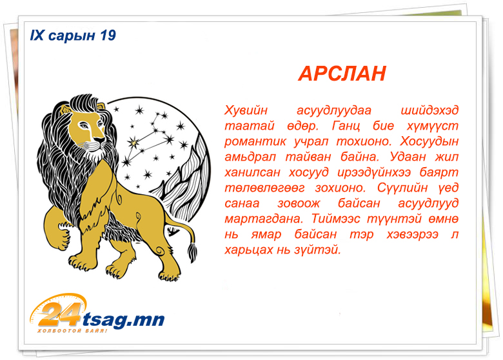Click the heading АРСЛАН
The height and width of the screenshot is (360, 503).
click(342, 74)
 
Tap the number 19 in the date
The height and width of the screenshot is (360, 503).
click(108, 35)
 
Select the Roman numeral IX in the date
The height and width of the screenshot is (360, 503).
click(37, 35)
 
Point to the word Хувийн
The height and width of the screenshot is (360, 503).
click(246, 110)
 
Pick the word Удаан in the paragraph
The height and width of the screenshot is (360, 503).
click(408, 157)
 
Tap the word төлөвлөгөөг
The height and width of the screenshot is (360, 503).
click(264, 188)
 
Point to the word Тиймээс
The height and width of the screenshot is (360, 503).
click(337, 219)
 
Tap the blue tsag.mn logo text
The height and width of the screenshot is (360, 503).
click(124, 319)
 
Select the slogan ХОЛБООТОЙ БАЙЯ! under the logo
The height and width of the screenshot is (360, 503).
click(72, 331)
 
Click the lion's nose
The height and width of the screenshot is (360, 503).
click(99, 139)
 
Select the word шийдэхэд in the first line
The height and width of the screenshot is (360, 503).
click(430, 110)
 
